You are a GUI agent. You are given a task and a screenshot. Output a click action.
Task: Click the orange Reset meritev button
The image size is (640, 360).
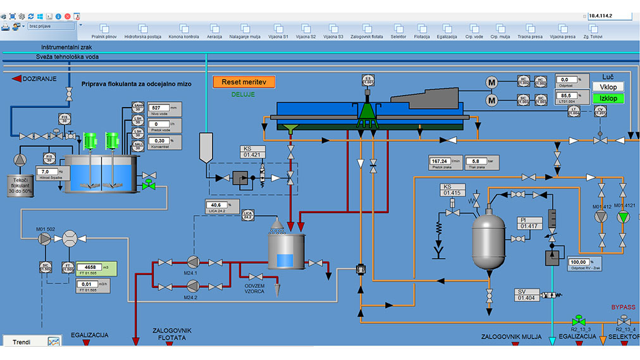coord(244,82)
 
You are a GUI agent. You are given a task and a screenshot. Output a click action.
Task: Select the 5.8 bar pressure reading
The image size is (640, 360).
coord(479,161)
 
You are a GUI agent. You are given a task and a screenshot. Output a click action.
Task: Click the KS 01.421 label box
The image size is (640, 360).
coord(253,151)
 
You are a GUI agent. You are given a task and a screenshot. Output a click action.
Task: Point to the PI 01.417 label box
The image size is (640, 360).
coord(528,223)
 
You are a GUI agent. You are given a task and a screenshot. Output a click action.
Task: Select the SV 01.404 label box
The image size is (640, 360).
coord(527,294)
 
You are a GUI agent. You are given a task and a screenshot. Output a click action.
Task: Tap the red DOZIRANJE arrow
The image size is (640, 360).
coord(17,78)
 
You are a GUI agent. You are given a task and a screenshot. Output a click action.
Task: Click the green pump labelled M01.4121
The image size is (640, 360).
coord(624,217)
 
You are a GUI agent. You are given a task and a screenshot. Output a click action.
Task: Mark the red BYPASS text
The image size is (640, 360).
coord(623,307)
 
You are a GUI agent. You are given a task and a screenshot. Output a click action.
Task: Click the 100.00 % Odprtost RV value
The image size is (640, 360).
coord(579,261)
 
